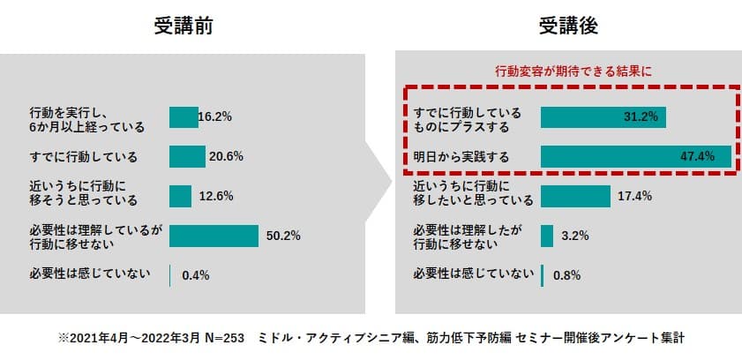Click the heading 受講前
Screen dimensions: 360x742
click(x=184, y=26)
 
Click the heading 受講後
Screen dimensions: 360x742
click(x=568, y=26)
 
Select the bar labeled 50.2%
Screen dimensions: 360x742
click(x=214, y=236)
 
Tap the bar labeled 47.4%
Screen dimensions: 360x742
click(x=635, y=157)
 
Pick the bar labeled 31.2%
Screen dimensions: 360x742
click(x=603, y=118)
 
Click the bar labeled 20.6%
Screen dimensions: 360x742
click(x=187, y=157)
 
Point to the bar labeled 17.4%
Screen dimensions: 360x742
click(x=575, y=196)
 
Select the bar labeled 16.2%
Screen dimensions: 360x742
click(x=184, y=118)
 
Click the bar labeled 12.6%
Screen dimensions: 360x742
click(x=180, y=196)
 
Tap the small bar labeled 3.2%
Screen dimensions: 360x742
click(x=547, y=236)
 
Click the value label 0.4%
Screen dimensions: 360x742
click(x=195, y=274)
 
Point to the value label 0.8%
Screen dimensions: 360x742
click(x=566, y=274)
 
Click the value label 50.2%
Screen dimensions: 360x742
click(x=283, y=236)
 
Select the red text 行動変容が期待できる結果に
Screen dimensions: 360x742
click(x=567, y=71)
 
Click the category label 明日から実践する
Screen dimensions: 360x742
click(x=461, y=157)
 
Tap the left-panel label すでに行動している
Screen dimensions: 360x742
click(x=83, y=157)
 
